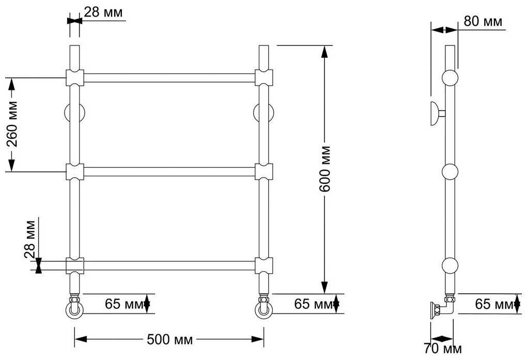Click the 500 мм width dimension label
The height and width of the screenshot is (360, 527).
[x=170, y=339]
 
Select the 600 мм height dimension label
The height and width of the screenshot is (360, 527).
[x=325, y=169]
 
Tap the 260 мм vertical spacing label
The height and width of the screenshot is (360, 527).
[x=12, y=124]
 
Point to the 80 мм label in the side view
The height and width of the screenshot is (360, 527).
[x=483, y=21]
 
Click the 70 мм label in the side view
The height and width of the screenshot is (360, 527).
[x=443, y=349]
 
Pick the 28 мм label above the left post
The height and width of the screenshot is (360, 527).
[x=103, y=12]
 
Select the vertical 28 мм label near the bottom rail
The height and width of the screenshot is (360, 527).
[x=30, y=239]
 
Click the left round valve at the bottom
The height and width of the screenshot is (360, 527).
[x=74, y=308]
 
